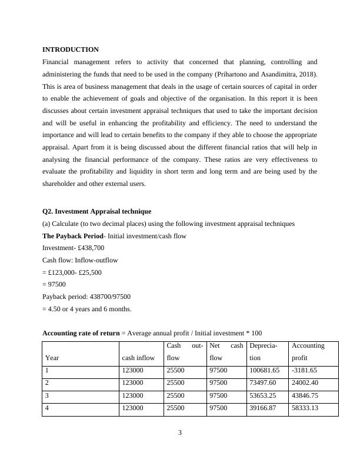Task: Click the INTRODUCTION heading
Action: click(x=71, y=49)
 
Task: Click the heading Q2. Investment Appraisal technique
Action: click(x=96, y=211)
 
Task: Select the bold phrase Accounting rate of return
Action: click(x=81, y=334)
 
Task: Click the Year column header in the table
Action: click(x=52, y=357)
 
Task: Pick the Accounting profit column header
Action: click(x=308, y=351)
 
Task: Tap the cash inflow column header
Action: click(x=138, y=357)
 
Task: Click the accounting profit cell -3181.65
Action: click(x=304, y=371)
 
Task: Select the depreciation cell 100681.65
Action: click(x=264, y=371)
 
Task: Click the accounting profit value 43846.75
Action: click(x=305, y=395)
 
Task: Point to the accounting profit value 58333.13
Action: click(x=305, y=408)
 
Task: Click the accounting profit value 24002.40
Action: click(x=305, y=383)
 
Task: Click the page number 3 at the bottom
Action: click(x=180, y=434)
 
